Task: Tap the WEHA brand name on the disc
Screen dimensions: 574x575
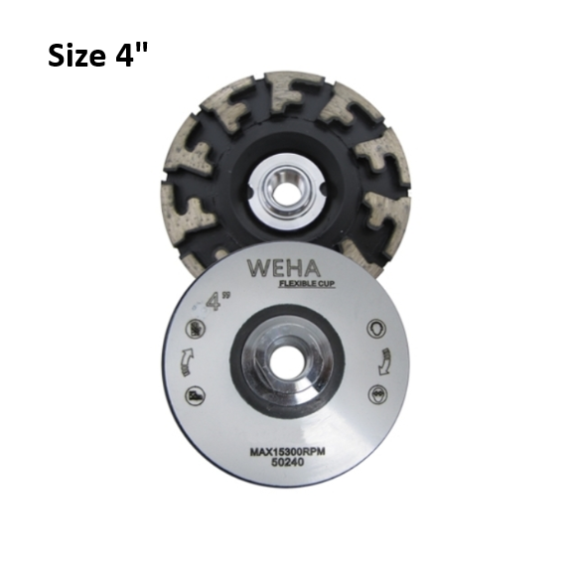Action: pyautogui.click(x=278, y=270)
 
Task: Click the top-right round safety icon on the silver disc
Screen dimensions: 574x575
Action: pyautogui.click(x=378, y=326)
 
